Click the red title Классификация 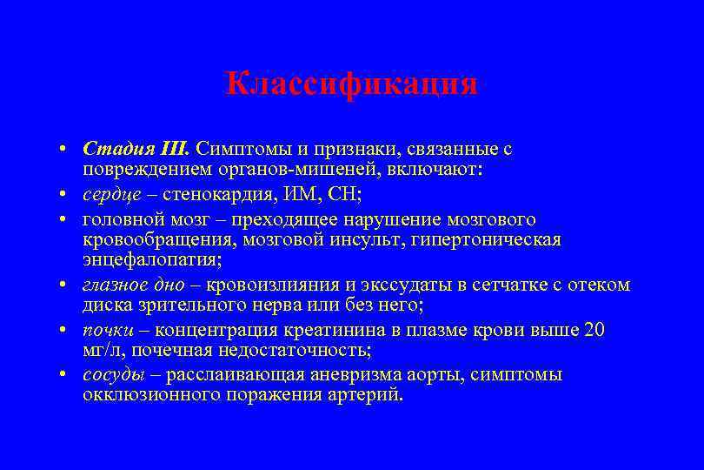coord(351,84)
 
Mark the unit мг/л coord(99,351)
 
